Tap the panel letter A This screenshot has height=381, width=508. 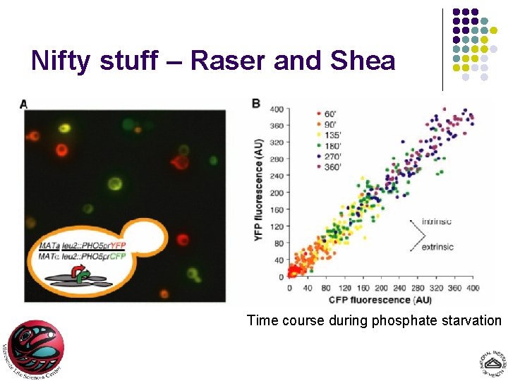[x=24, y=104]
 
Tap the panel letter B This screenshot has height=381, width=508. [x=255, y=104]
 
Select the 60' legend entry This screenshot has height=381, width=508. [x=332, y=114]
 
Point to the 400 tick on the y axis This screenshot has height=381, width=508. [x=277, y=109]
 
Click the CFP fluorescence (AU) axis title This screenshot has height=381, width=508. [x=382, y=298]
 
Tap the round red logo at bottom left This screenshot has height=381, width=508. [x=35, y=349]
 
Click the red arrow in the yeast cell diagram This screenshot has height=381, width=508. [x=75, y=270]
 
